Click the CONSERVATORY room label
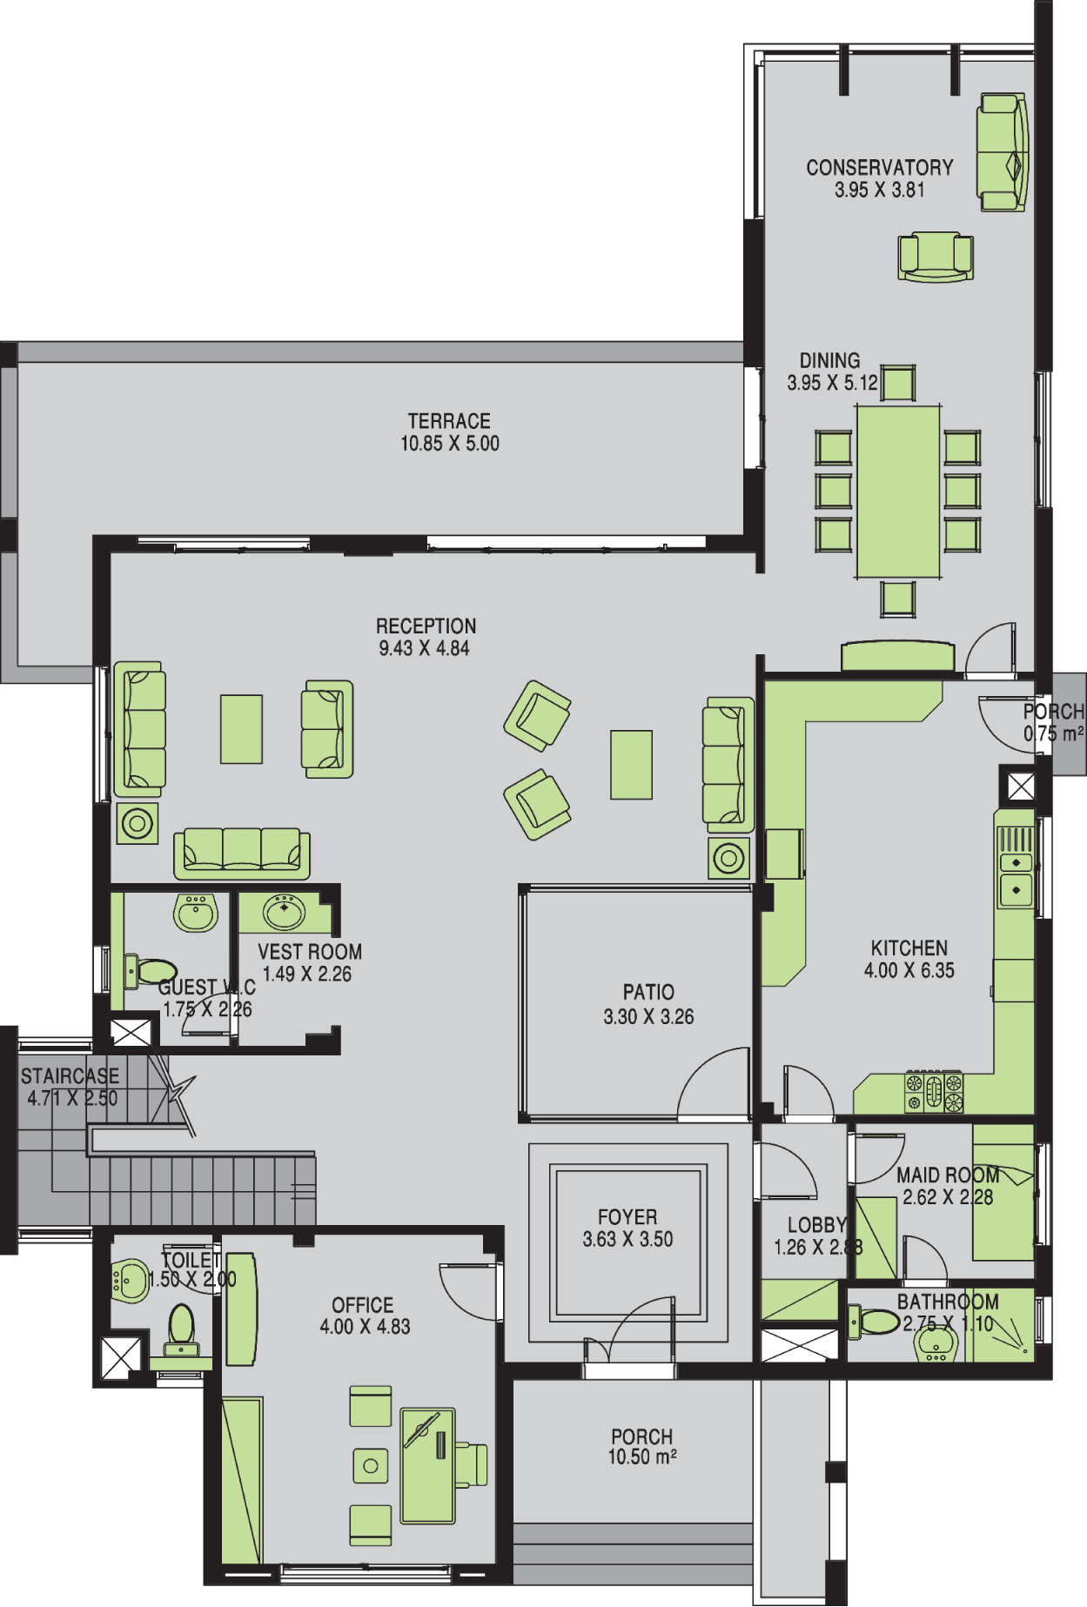click(880, 167)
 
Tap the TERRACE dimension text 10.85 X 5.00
click(450, 444)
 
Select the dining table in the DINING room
click(898, 492)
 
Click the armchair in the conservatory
click(936, 257)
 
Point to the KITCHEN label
click(909, 947)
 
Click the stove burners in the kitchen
click(934, 1092)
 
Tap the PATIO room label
click(648, 992)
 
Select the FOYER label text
click(627, 1216)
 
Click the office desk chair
click(471, 1465)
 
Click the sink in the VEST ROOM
click(285, 913)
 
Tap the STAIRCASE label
click(70, 1076)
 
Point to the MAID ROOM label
click(948, 1175)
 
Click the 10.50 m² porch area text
click(642, 1457)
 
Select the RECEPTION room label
click(426, 626)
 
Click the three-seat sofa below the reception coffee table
click(242, 854)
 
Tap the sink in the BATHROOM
click(936, 1343)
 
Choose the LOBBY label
click(816, 1225)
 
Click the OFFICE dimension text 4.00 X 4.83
click(365, 1327)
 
